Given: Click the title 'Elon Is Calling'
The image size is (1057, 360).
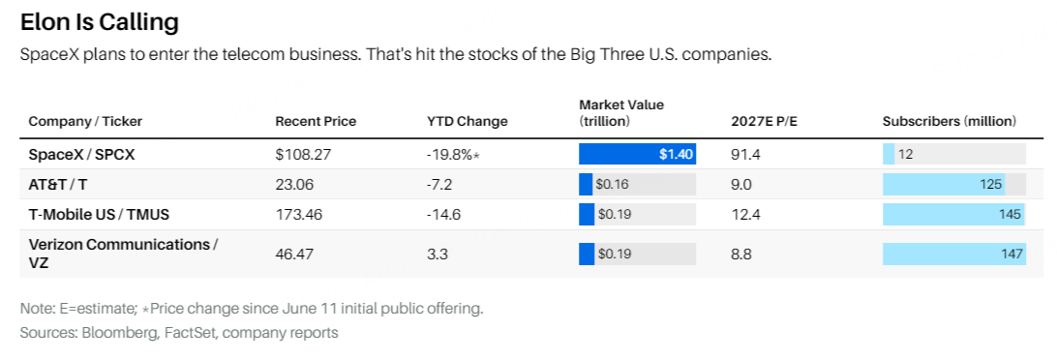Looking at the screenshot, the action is point(99,23).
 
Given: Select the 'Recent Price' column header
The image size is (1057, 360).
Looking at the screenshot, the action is point(316,121).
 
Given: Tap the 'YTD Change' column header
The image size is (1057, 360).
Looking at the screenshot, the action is point(468,121).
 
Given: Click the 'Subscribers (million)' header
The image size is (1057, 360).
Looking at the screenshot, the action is point(950,121).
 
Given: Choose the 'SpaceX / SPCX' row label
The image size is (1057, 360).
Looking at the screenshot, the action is point(81,154).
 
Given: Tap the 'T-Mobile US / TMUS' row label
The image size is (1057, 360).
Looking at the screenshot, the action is point(99,215).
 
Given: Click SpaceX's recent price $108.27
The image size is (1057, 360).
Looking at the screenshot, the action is point(303,154).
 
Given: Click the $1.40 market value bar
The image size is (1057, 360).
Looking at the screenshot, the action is point(637,154).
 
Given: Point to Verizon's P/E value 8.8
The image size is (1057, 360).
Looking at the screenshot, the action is point(741,255).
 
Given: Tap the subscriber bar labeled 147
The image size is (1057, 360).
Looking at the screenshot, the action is point(954,255).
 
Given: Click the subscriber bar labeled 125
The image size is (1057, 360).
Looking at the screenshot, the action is point(944,184).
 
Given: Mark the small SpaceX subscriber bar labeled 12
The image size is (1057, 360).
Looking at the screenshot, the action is point(889,154).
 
